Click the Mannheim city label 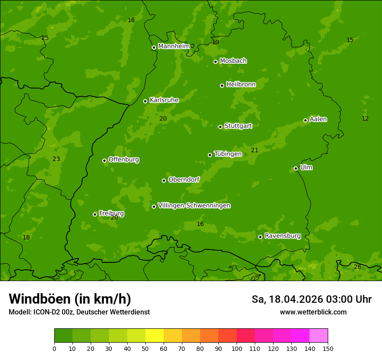pos(174,46)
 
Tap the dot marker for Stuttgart pos(220,127)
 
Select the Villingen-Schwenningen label pos(194,206)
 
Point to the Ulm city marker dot pos(296,168)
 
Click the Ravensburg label pos(282,236)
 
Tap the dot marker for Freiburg pos(95,214)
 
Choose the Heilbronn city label pos(241,85)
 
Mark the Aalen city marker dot pos(305,120)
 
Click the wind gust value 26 pos(357,267)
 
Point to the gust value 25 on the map pos(45,38)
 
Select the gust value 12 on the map pos(365,118)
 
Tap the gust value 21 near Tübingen pos(254,151)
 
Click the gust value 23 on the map pos(56,159)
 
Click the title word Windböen pos(40,299)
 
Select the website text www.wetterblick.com pos(313,312)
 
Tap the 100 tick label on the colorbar pos(237,349)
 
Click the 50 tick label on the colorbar pos(145,349)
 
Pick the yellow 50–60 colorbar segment pos(155,336)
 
